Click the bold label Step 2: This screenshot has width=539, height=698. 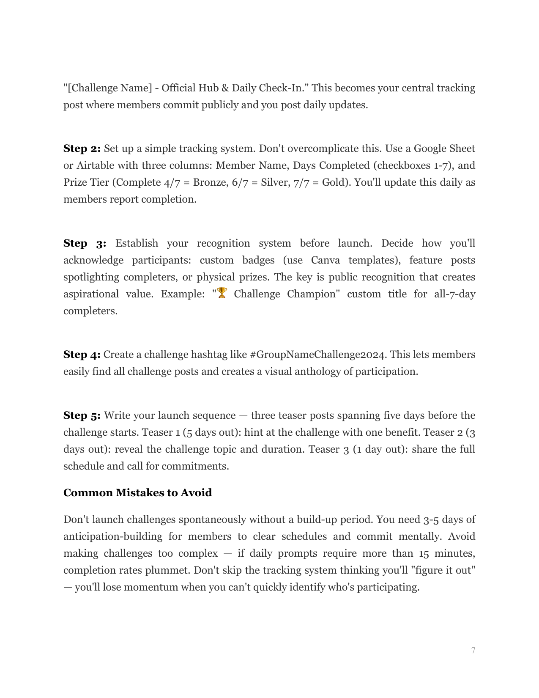[82, 148]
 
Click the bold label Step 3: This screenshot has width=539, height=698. [85, 243]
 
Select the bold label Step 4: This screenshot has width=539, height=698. [82, 354]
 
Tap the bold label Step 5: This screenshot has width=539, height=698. [82, 415]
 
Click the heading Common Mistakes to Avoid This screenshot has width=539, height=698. [137, 493]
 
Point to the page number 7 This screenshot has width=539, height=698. [473, 650]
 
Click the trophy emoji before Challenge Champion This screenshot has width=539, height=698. [222, 293]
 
